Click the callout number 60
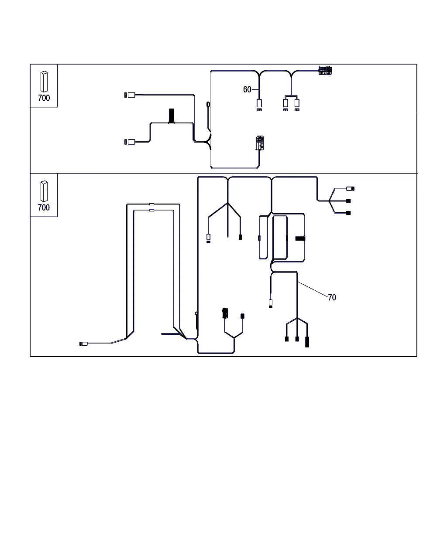click(247, 89)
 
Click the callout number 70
click(332, 297)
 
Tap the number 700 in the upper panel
click(44, 98)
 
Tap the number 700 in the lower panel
click(44, 208)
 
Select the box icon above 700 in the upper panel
click(44, 82)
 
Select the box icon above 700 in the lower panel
click(44, 191)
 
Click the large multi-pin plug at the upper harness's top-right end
click(325, 71)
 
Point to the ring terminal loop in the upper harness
click(208, 104)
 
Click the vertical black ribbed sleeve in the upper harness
click(171, 116)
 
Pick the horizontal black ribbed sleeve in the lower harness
click(300, 238)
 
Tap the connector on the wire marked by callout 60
click(259, 105)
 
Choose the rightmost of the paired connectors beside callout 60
click(297, 105)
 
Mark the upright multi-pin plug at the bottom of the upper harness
click(260, 143)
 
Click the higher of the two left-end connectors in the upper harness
click(130, 95)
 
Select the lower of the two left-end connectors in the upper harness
click(130, 142)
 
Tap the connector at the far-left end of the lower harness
click(83, 344)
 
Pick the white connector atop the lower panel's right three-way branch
click(351, 189)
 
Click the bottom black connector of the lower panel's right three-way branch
click(348, 213)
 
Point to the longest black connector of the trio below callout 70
click(307, 342)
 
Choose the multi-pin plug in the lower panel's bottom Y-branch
click(225, 313)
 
